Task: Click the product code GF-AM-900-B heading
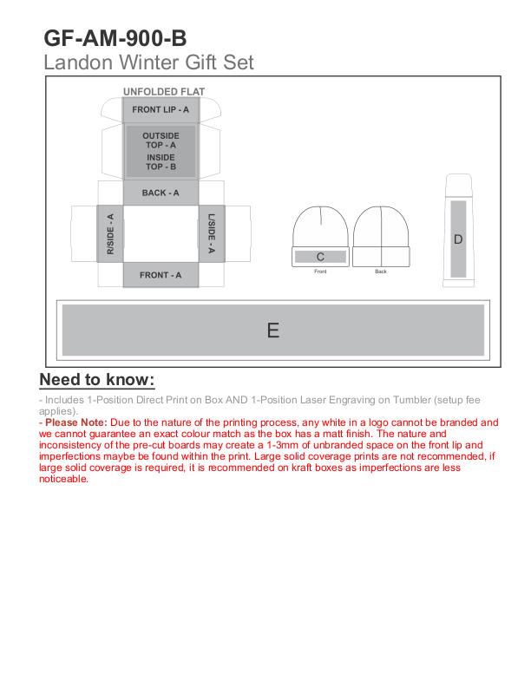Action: (115, 39)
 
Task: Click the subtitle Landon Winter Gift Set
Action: (148, 62)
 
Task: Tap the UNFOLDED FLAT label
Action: (164, 91)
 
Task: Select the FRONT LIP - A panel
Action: (161, 110)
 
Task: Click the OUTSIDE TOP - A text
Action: (161, 141)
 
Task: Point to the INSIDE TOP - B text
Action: (161, 162)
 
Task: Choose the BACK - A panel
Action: (161, 193)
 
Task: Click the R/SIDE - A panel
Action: (109, 232)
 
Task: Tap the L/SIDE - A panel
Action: (213, 232)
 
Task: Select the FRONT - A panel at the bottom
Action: (161, 275)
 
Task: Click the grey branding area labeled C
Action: (320, 257)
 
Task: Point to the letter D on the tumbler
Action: (458, 239)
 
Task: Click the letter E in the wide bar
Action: (272, 330)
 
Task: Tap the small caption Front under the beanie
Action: (320, 272)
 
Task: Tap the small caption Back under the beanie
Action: (380, 272)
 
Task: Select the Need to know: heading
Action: (97, 380)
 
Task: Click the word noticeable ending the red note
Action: (63, 479)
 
